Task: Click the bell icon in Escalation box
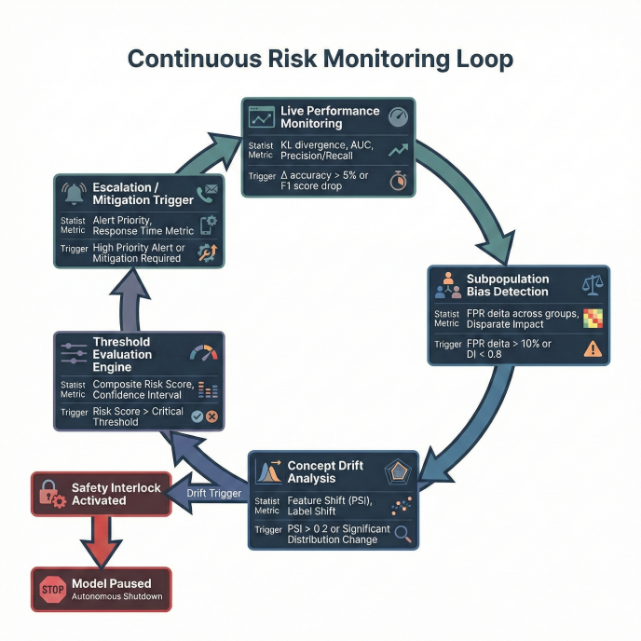click(x=72, y=193)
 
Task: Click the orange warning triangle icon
click(x=592, y=349)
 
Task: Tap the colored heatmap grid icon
click(x=593, y=318)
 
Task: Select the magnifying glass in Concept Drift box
click(x=403, y=535)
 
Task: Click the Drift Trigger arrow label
click(x=213, y=493)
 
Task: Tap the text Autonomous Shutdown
click(x=116, y=596)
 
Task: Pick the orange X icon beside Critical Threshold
click(x=211, y=416)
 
